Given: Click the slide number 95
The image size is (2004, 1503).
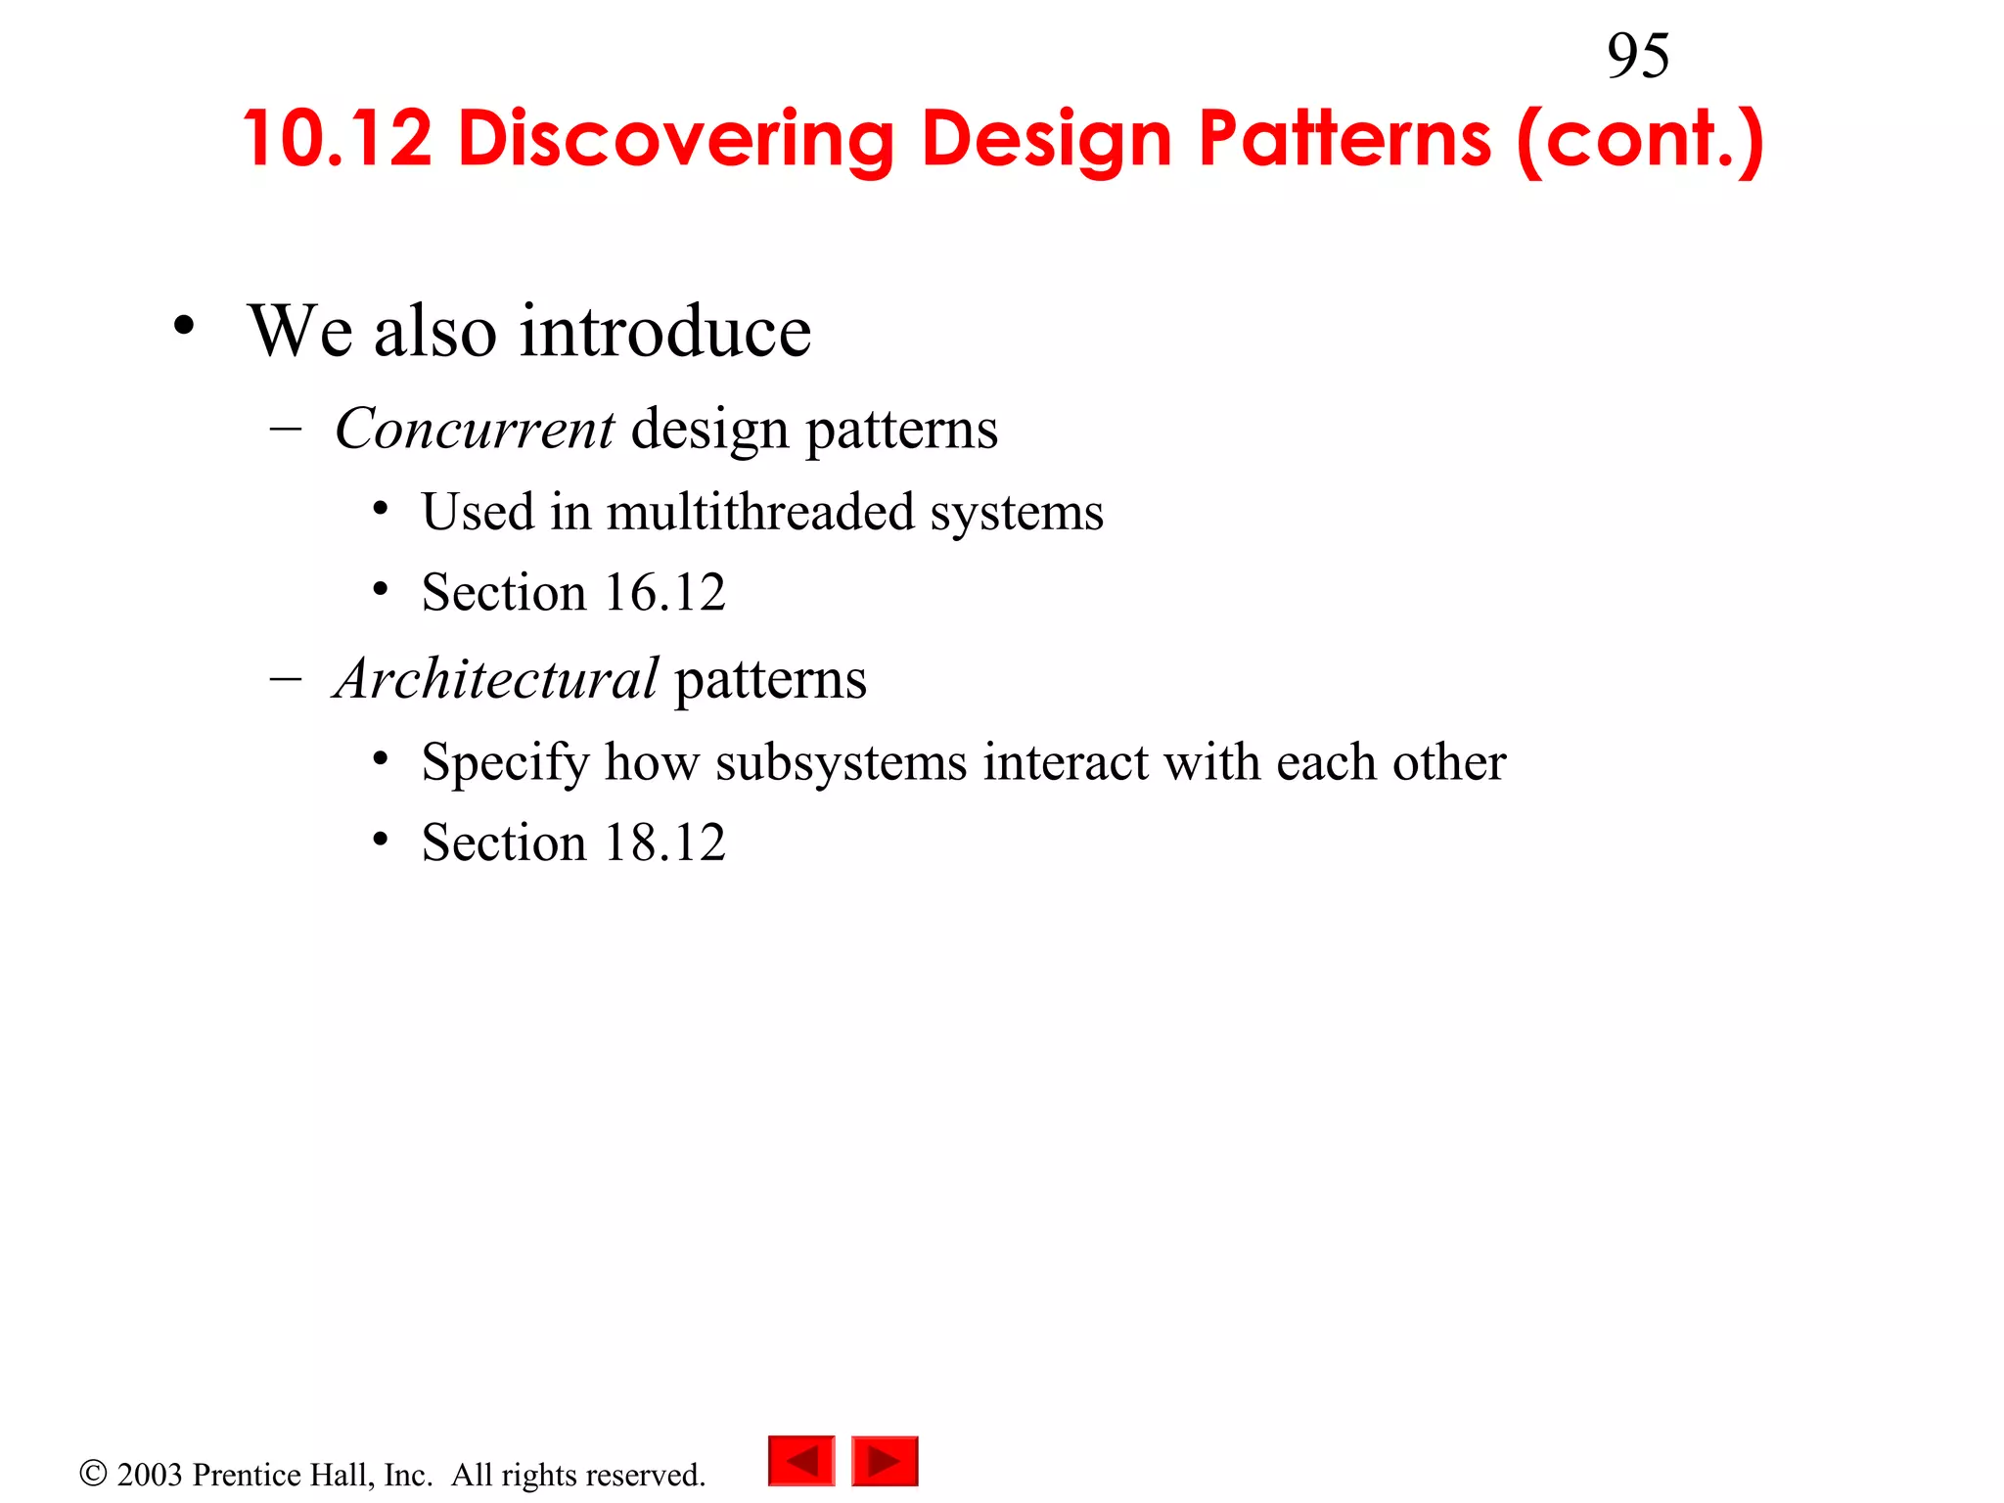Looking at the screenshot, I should click(x=1637, y=56).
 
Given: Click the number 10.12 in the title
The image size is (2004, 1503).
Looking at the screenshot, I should click(x=338, y=138).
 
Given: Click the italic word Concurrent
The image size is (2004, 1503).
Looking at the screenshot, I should click(x=475, y=429).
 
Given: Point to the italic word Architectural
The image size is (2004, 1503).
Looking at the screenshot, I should click(x=496, y=678).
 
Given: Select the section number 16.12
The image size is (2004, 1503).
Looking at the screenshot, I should click(x=664, y=592).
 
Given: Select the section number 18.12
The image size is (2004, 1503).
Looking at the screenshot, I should click(x=664, y=843).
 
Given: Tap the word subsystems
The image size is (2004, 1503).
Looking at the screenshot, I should click(x=841, y=762).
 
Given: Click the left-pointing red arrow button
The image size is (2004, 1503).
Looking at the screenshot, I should click(x=801, y=1461).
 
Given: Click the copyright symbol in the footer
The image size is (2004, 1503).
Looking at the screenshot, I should click(x=93, y=1473).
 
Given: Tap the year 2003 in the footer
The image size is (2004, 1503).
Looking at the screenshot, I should click(x=150, y=1475).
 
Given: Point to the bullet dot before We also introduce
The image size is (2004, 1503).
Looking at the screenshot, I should click(x=184, y=326).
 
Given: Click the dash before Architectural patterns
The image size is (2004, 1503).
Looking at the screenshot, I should click(x=285, y=678).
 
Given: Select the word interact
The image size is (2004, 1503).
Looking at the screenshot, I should click(x=1066, y=762).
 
